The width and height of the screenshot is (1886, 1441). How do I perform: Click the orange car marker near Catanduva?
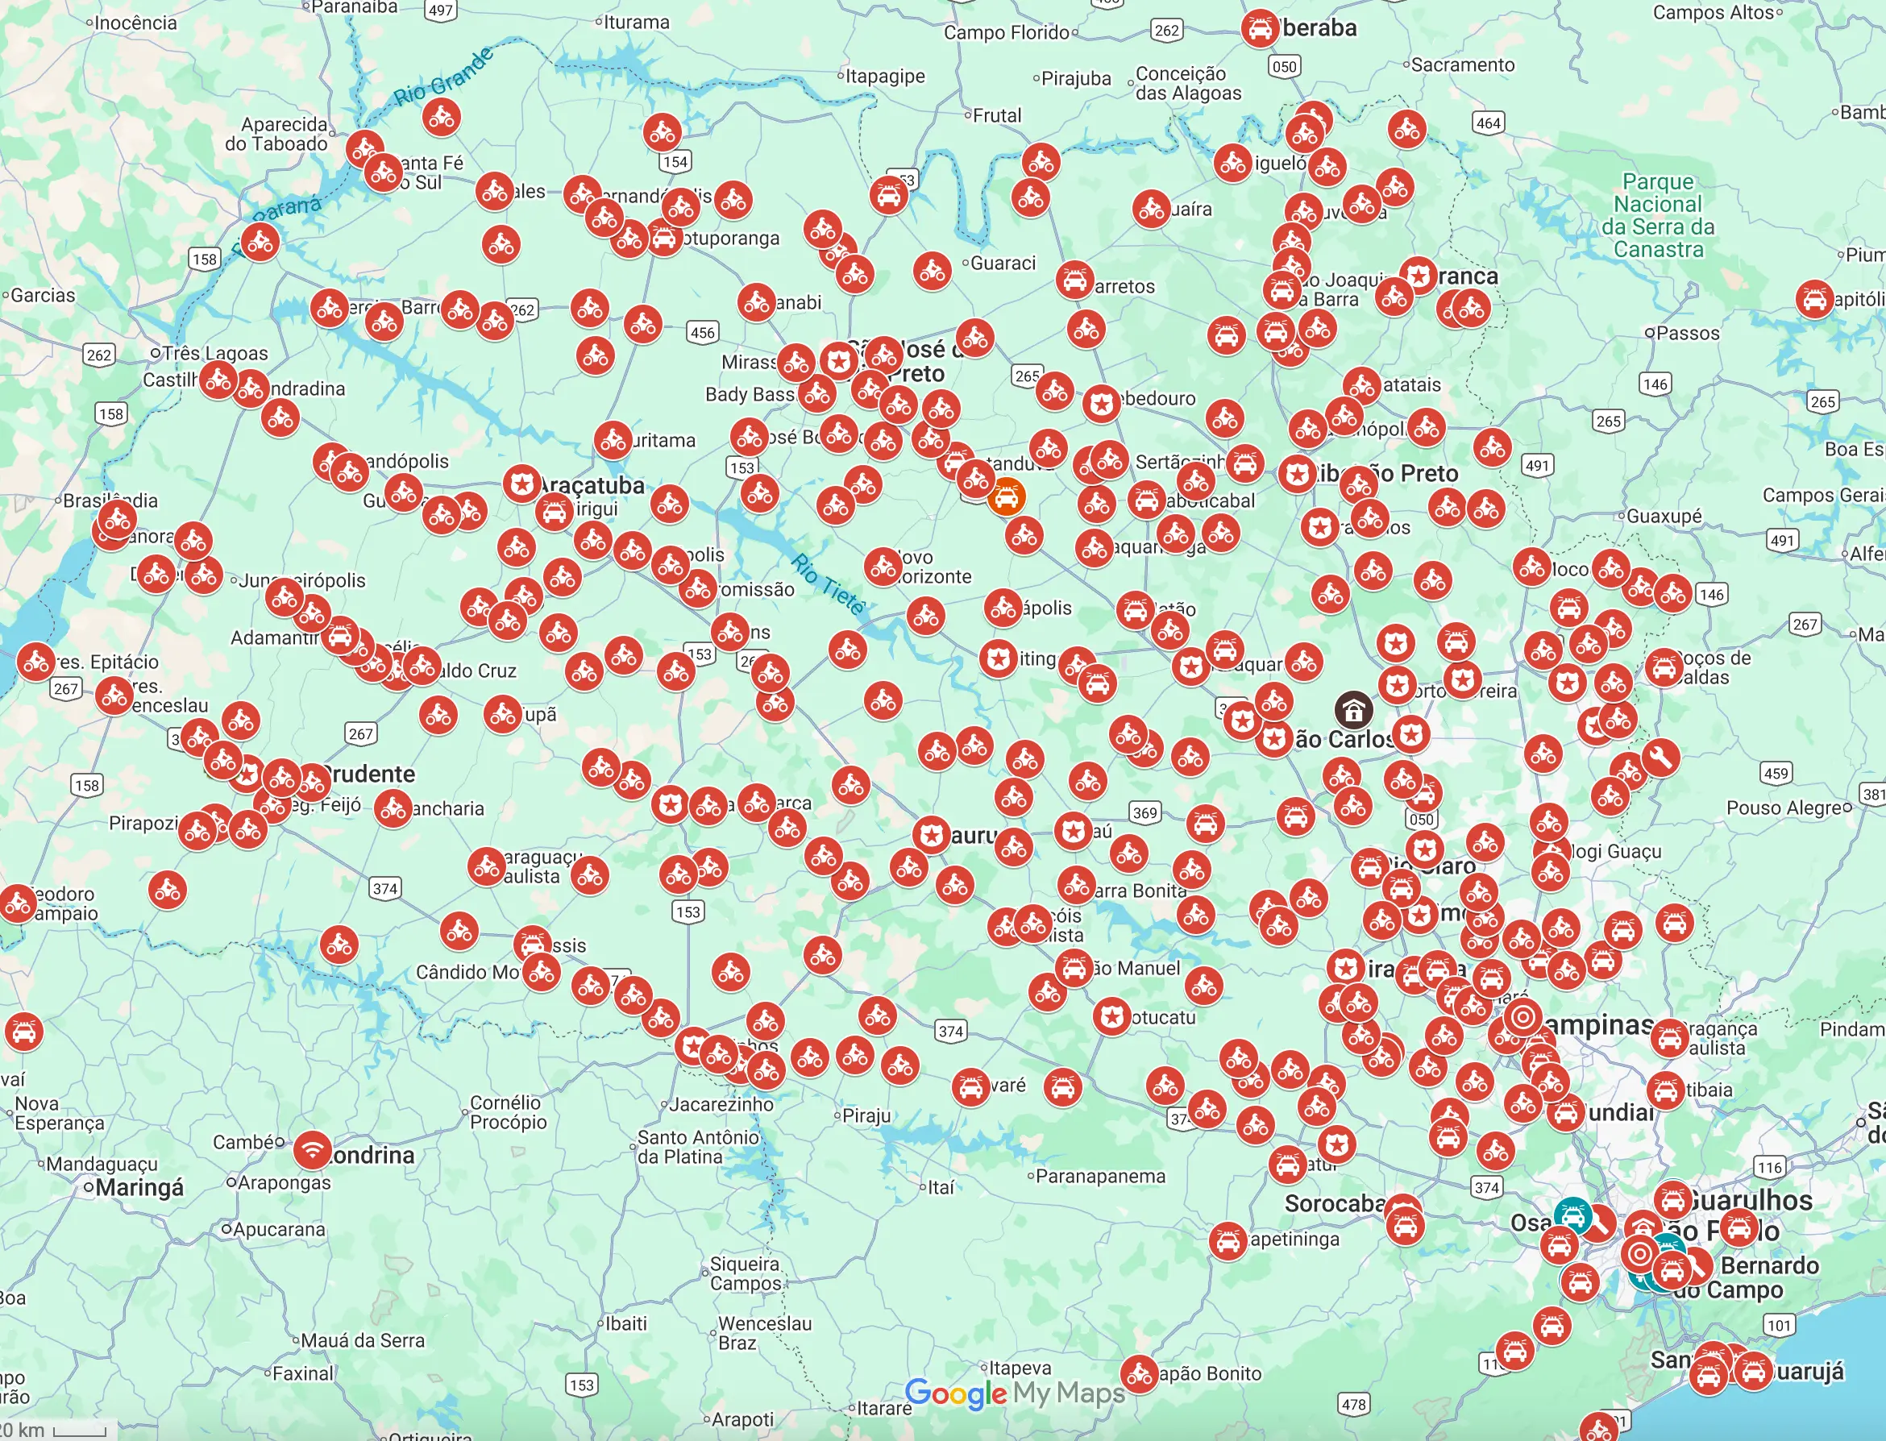(x=1006, y=496)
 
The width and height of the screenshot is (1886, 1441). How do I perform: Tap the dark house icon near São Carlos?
(x=1352, y=709)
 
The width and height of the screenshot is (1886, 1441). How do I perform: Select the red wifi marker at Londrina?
(x=313, y=1149)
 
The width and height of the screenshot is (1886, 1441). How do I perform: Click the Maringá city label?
(x=139, y=1188)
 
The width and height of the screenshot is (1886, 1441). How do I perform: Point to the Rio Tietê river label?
(x=828, y=584)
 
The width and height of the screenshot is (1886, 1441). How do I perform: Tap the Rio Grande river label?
(x=443, y=77)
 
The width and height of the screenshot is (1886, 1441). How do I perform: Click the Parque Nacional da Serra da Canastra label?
(x=1658, y=215)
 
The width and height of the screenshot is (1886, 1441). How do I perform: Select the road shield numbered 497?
(x=440, y=10)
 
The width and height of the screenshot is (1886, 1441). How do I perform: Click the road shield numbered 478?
(x=1353, y=1404)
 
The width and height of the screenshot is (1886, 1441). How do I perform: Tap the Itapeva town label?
(x=1020, y=1367)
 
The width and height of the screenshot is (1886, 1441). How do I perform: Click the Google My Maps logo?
(x=1015, y=1393)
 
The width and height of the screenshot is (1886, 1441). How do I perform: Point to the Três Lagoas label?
(x=214, y=353)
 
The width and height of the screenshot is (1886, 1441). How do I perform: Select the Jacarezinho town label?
(x=721, y=1105)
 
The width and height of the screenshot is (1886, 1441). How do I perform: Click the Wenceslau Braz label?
(x=763, y=1333)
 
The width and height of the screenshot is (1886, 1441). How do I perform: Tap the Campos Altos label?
(x=1713, y=13)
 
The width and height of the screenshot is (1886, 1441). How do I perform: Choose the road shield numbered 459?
(x=1775, y=773)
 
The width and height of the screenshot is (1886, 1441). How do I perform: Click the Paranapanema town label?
(x=1100, y=1176)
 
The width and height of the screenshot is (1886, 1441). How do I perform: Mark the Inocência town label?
(x=135, y=23)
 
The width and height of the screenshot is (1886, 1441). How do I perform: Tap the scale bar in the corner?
(x=79, y=1431)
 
